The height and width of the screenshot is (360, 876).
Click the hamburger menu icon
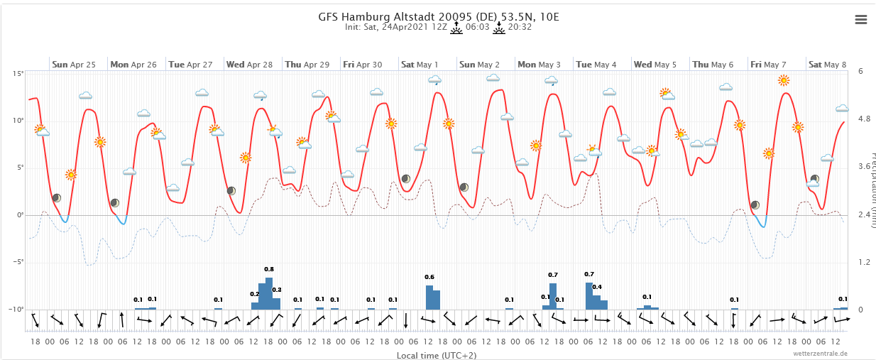coord(861,20)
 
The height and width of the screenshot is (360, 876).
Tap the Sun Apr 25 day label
coord(74,65)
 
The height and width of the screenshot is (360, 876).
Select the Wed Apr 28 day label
coord(249,65)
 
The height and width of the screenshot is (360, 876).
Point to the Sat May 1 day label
coord(420,65)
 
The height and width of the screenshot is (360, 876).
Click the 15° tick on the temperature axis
coord(18,73)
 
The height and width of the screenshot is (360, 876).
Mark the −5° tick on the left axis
coord(17,262)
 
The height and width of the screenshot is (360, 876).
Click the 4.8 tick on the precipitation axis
coord(864,119)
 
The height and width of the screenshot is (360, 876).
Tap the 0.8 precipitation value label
coord(269,269)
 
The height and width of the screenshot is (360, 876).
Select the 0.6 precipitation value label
coord(429,277)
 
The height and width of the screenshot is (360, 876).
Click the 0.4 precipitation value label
coord(597,287)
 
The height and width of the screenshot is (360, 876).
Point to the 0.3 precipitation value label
coord(277,290)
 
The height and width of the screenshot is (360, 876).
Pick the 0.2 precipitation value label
coord(255,294)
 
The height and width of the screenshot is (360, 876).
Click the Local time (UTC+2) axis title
coord(437,354)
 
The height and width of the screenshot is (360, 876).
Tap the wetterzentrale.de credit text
coord(820,353)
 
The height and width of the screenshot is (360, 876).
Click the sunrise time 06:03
coord(478,28)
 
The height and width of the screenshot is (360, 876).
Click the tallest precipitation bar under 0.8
coord(269,293)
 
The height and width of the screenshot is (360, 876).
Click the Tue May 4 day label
coord(596,65)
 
